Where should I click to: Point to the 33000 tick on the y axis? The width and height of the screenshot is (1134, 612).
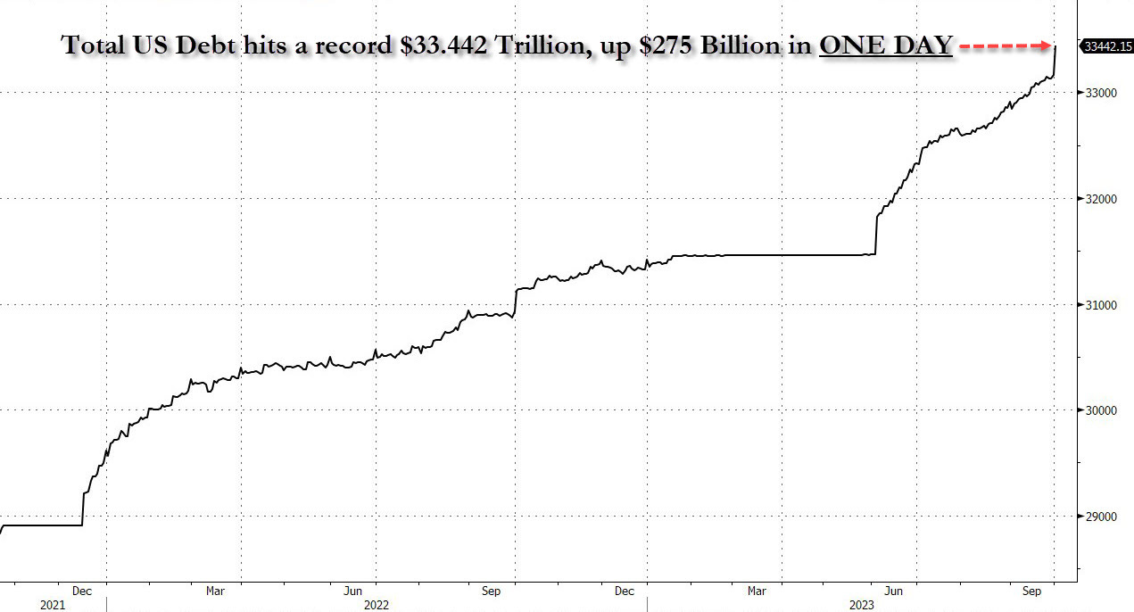[1100, 93]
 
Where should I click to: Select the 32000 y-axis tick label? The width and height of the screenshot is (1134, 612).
[1100, 199]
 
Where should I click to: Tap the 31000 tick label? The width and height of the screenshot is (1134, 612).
[1100, 305]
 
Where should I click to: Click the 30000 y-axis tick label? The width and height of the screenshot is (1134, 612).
[1100, 410]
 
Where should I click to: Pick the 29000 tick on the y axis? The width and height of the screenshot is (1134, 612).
[1100, 517]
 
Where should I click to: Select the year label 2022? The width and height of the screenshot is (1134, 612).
[376, 604]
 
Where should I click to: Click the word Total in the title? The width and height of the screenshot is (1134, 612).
[94, 45]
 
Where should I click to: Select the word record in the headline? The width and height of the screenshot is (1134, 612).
[352, 45]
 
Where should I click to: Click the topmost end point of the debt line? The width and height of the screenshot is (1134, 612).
[1056, 46]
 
